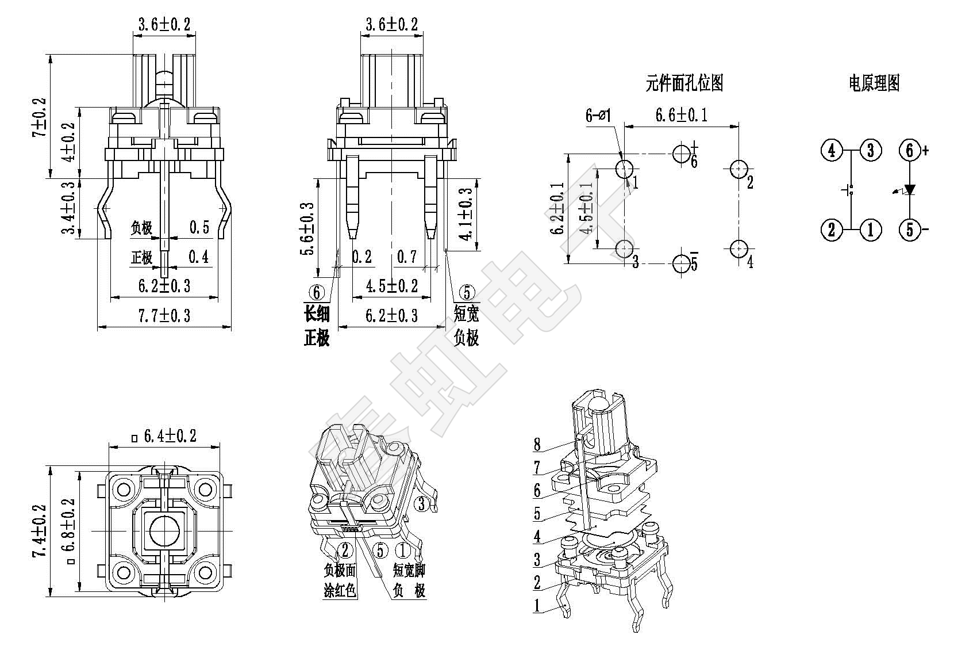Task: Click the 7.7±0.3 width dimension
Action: click(164, 316)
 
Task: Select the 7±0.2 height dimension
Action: click(40, 117)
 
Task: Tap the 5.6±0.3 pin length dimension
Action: click(307, 228)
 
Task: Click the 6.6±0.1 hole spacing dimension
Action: click(682, 116)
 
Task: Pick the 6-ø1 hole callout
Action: click(598, 116)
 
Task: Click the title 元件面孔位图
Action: click(684, 83)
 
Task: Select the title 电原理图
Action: click(874, 83)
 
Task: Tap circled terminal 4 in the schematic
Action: click(831, 151)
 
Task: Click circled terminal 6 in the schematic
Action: click(909, 151)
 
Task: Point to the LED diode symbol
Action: click(909, 190)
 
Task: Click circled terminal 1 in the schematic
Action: click(870, 230)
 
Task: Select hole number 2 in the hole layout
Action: click(738, 169)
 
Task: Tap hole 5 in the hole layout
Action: click(682, 263)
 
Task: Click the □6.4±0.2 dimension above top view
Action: click(164, 437)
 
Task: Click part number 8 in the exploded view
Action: click(537, 444)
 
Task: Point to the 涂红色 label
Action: click(340, 590)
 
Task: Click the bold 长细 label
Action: click(317, 314)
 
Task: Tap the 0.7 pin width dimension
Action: click(407, 257)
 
